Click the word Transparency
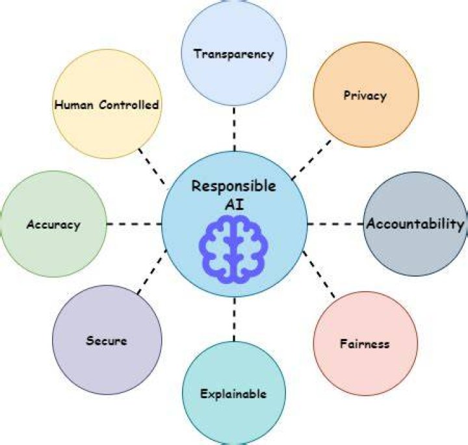coord(234,55)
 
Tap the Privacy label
coord(365,95)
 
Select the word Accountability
coord(415,223)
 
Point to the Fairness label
coord(365,344)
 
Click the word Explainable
coord(233,394)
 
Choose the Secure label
coord(107,340)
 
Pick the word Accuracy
coord(53,225)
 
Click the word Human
coord(73,105)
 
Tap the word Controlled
coord(129,105)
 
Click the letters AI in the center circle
coord(234,205)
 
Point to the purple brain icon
coord(234,249)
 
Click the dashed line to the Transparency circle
coord(234,129)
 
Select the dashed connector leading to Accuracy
coord(135,223)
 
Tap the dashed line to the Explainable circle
coord(234,319)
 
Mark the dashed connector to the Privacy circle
coord(311,160)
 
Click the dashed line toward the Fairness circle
coord(319,275)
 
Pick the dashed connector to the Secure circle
coord(152,272)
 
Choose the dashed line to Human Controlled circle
coord(151,166)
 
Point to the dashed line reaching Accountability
coord(335,223)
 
